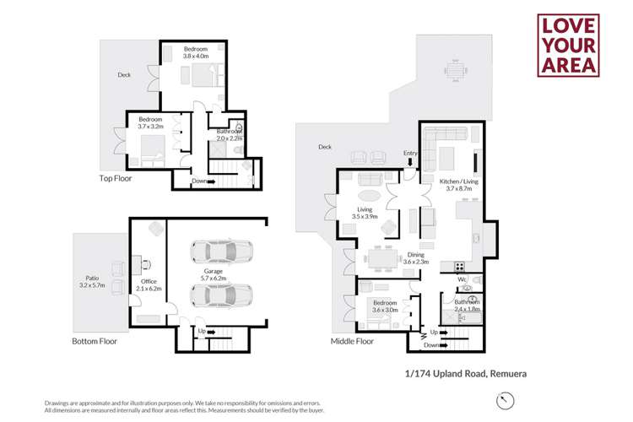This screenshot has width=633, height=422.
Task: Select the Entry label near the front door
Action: point(410,153)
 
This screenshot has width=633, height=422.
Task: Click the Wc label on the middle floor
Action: point(462,279)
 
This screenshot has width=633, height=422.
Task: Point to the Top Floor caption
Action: point(116,178)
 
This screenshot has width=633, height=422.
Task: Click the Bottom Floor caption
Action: point(95,342)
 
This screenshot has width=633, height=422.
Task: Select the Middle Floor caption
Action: point(352,342)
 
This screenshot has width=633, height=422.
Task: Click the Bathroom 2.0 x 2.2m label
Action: point(230,135)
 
